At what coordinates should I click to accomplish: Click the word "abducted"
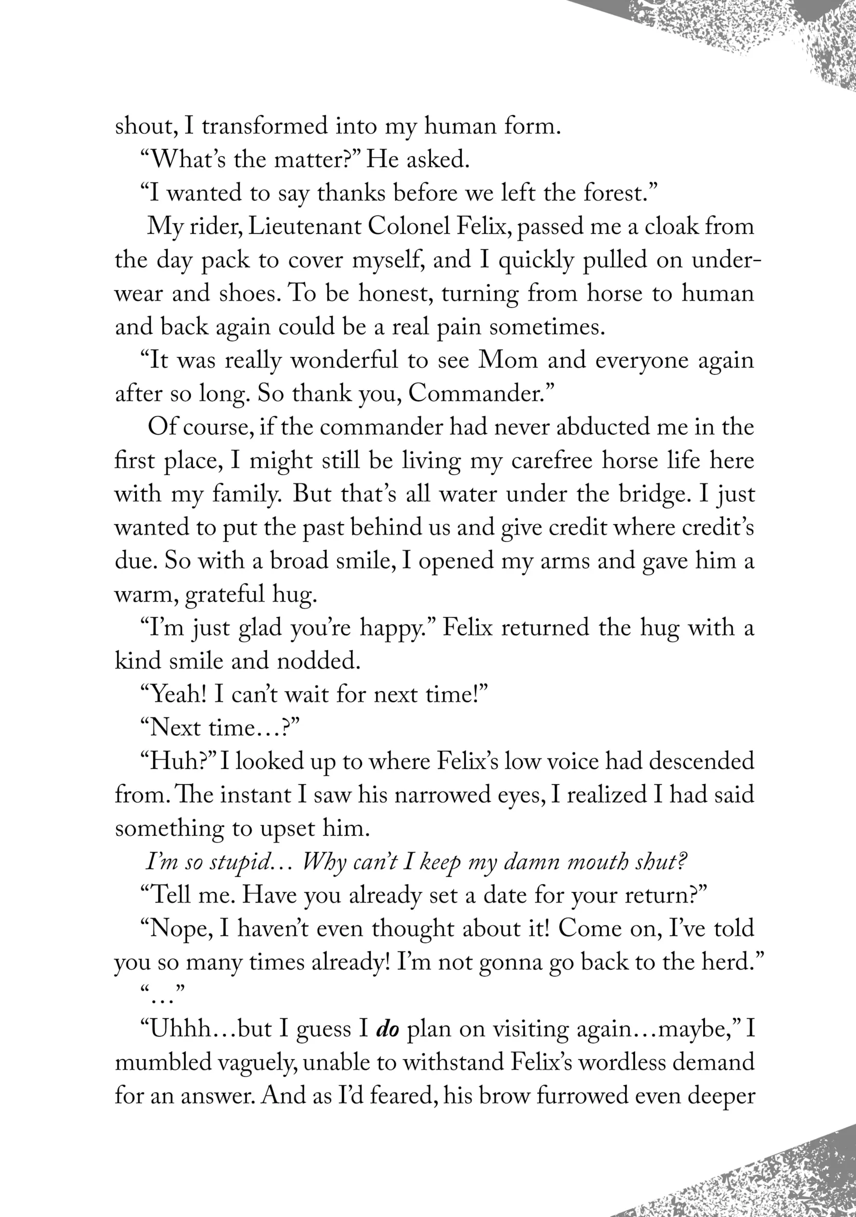tap(603, 427)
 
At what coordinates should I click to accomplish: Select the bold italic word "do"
tap(387, 1029)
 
